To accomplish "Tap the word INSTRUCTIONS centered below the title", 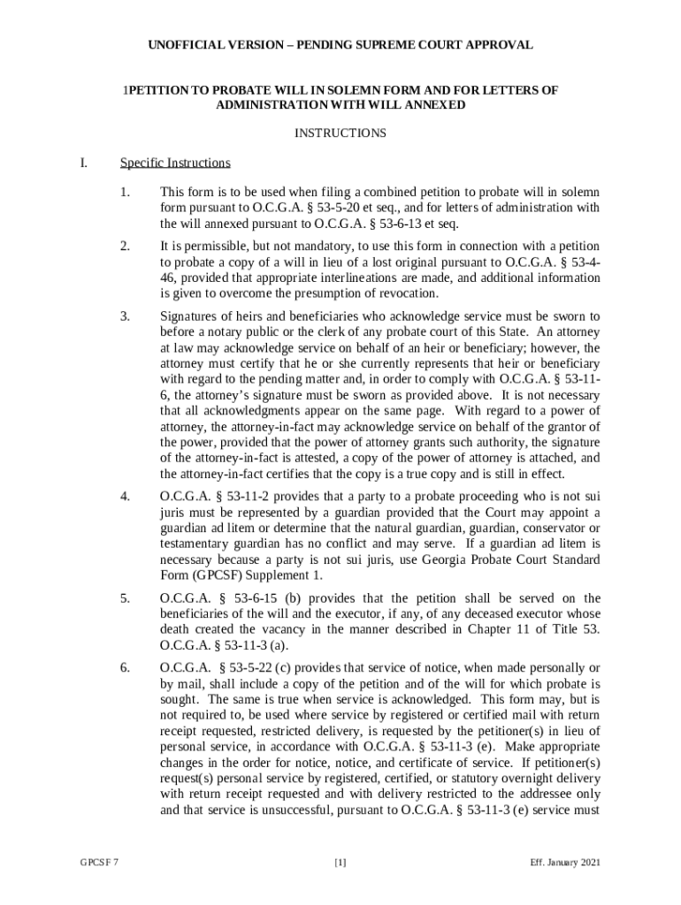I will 340,133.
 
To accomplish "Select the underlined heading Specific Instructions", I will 175,163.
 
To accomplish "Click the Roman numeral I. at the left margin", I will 84,163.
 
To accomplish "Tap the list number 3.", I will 126,316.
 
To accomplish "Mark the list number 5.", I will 126,598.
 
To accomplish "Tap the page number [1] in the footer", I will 340,863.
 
